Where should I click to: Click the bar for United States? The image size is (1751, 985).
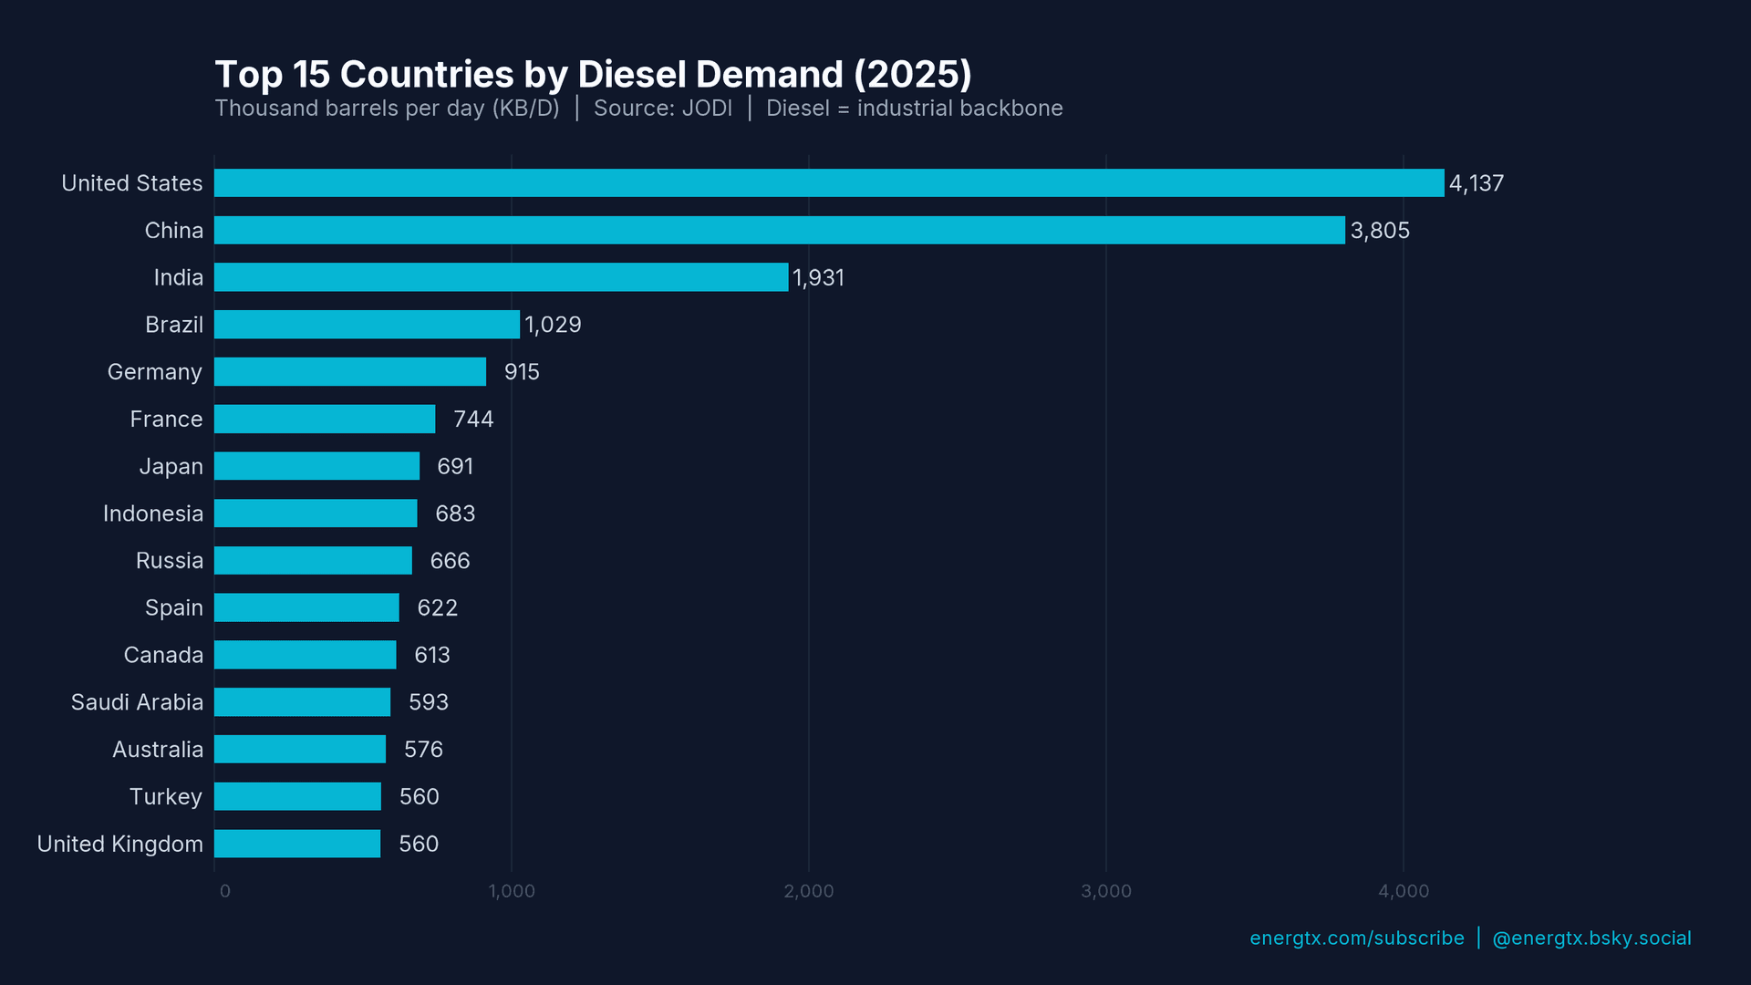pyautogui.click(x=829, y=182)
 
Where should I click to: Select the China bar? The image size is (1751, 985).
pyautogui.click(x=780, y=230)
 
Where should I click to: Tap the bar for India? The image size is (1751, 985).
pyautogui.click(x=501, y=277)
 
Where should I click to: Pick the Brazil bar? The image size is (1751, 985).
pyautogui.click(x=367, y=325)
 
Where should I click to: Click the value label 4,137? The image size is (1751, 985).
pyautogui.click(x=1476, y=183)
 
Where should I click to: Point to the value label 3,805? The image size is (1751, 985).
pyautogui.click(x=1379, y=231)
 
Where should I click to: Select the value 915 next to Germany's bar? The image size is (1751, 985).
pyautogui.click(x=522, y=372)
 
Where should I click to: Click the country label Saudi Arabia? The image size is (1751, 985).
pyautogui.click(x=137, y=702)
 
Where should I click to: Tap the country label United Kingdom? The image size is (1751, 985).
pyautogui.click(x=119, y=844)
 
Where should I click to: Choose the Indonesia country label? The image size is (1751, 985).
pyautogui.click(x=152, y=513)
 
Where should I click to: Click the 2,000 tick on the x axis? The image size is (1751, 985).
pyautogui.click(x=808, y=891)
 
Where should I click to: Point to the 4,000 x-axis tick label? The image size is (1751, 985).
pyautogui.click(x=1403, y=891)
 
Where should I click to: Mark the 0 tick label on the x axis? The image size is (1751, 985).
pyautogui.click(x=224, y=891)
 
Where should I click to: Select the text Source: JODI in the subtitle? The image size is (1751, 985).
pyautogui.click(x=662, y=109)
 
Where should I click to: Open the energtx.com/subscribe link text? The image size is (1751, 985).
pyautogui.click(x=1356, y=938)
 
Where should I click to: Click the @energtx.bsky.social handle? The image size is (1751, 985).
pyautogui.click(x=1590, y=938)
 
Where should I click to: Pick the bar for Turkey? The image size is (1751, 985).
pyautogui.click(x=297, y=796)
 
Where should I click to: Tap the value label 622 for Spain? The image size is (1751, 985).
pyautogui.click(x=437, y=608)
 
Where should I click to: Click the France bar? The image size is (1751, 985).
pyautogui.click(x=325, y=419)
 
